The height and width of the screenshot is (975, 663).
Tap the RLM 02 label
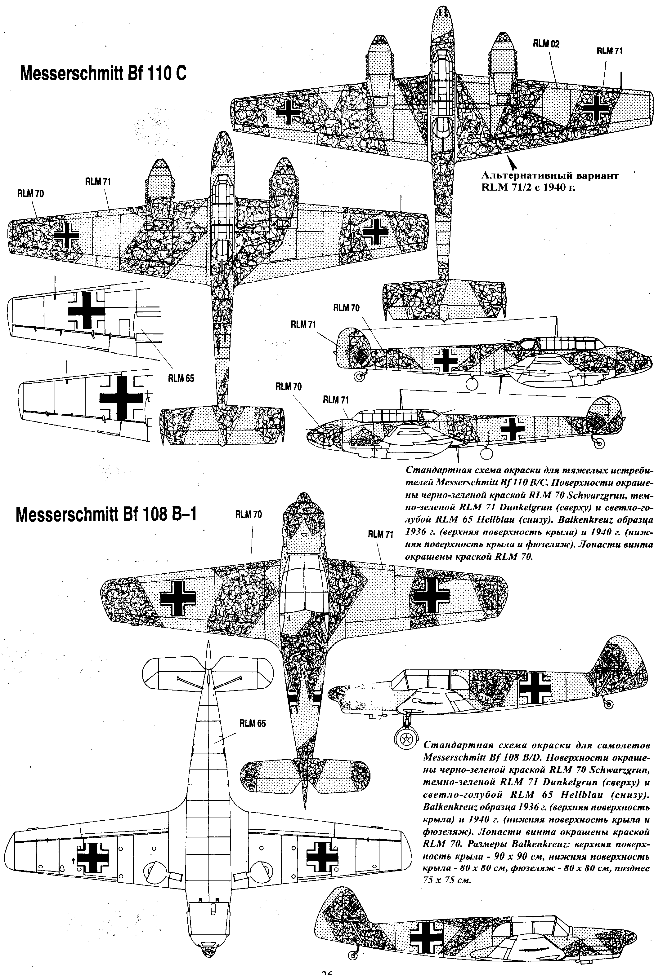pyautogui.click(x=546, y=44)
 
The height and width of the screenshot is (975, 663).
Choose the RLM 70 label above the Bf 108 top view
pyautogui.click(x=249, y=514)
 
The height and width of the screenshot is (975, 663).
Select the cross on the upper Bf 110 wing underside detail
pyautogui.click(x=87, y=311)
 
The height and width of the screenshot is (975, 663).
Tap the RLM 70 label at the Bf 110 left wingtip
pyautogui.click(x=30, y=193)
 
